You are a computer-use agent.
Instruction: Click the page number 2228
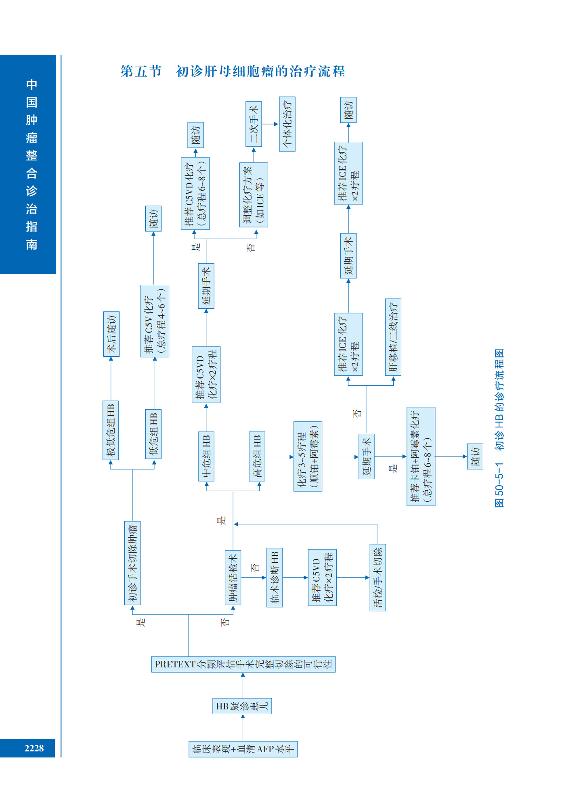pyautogui.click(x=34, y=748)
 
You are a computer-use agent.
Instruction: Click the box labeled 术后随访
pyautogui.click(x=111, y=334)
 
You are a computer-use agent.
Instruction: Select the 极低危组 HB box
pyautogui.click(x=111, y=430)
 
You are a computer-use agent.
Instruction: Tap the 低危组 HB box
pyautogui.click(x=153, y=434)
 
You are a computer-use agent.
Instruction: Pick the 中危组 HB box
pyautogui.click(x=206, y=456)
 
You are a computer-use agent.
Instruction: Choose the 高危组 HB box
pyautogui.click(x=257, y=456)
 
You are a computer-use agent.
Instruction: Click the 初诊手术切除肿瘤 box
pyautogui.click(x=132, y=563)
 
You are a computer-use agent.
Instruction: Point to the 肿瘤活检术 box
pyautogui.click(x=233, y=577)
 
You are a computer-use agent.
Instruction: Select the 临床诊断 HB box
pyautogui.click(x=275, y=577)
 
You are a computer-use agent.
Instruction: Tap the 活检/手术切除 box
pyautogui.click(x=377, y=577)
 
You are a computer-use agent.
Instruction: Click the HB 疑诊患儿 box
pyautogui.click(x=242, y=706)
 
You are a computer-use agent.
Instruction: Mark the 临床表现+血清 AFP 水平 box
pyautogui.click(x=243, y=749)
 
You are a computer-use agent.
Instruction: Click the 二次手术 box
pyautogui.click(x=254, y=124)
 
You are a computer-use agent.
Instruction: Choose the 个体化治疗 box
pyautogui.click(x=287, y=124)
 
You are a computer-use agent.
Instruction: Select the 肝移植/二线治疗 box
pyautogui.click(x=393, y=337)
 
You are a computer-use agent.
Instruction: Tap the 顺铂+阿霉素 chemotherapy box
pyautogui.click(x=308, y=456)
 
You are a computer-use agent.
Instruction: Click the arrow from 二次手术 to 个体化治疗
pyautogui.click(x=270, y=124)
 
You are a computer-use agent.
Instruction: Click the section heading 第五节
pyautogui.click(x=141, y=72)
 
